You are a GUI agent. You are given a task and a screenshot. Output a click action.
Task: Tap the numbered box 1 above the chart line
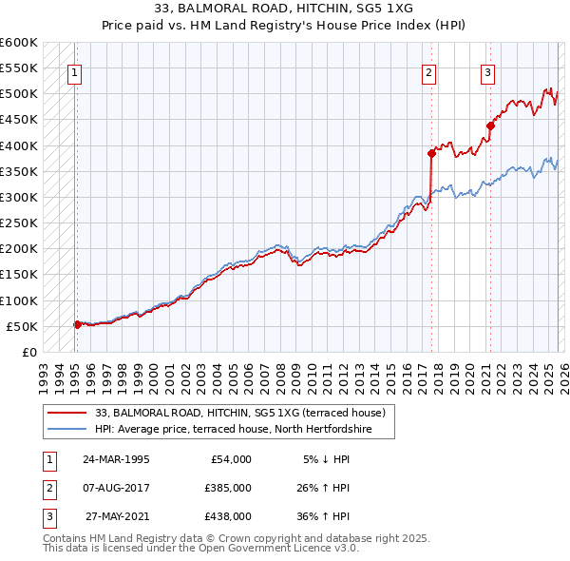[x=74, y=71]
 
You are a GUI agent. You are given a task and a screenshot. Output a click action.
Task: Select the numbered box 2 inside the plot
[x=429, y=71]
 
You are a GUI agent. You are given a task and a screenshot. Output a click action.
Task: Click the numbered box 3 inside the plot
[x=488, y=71]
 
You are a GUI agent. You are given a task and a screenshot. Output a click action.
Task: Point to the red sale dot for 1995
[x=77, y=324]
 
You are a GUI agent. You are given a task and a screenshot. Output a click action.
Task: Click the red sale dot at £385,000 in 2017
[x=431, y=153]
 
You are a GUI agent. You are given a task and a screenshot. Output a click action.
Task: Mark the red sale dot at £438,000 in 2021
[x=491, y=126]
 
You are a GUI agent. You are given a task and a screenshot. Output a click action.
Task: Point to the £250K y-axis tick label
[x=19, y=222]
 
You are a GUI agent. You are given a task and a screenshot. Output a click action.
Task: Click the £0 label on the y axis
[x=28, y=352]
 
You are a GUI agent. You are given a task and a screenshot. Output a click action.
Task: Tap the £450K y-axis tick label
[x=19, y=120]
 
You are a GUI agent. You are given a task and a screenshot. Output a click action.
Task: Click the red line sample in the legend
[x=67, y=414]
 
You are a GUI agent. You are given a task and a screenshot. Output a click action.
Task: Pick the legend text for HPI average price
[x=232, y=430]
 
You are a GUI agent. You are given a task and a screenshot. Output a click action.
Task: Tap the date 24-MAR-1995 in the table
[x=115, y=458]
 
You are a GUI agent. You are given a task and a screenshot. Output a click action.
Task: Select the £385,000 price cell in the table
[x=227, y=488]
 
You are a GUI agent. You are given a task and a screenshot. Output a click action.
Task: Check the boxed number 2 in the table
[x=47, y=488]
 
